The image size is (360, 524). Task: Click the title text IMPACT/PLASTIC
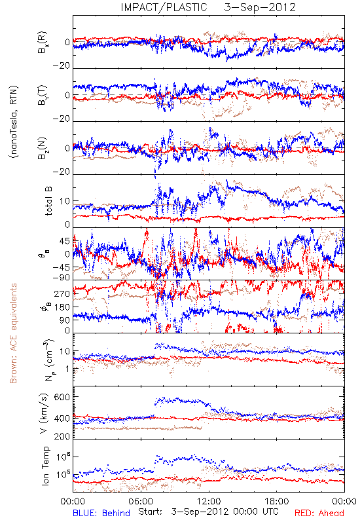pos(164,7)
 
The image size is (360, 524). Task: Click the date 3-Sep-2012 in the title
pos(260,7)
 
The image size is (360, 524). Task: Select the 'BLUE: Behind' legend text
pos(101,513)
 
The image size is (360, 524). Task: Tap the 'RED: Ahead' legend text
pos(319,513)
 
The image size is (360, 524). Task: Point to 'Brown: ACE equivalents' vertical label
pos(13,333)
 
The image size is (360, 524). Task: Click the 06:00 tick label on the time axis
pos(141,501)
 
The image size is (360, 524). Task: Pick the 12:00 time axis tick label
pos(209,501)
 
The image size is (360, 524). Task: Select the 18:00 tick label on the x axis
pos(277,501)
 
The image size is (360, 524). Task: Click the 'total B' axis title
pos(48,201)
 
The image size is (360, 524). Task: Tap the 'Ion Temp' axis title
pos(46,466)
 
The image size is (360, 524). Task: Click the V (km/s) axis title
pos(44,413)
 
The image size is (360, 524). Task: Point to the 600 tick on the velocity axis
pos(62,397)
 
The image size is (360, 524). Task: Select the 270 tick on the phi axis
pos(62,294)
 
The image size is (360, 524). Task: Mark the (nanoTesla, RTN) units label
pos(14,122)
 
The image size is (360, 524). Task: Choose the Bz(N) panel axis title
pos(43,148)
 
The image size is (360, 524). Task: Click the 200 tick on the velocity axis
pos(62,436)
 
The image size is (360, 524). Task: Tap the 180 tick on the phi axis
pos(62,307)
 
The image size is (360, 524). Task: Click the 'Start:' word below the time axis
pos(151,512)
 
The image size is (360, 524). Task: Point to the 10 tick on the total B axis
pos(65,201)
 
